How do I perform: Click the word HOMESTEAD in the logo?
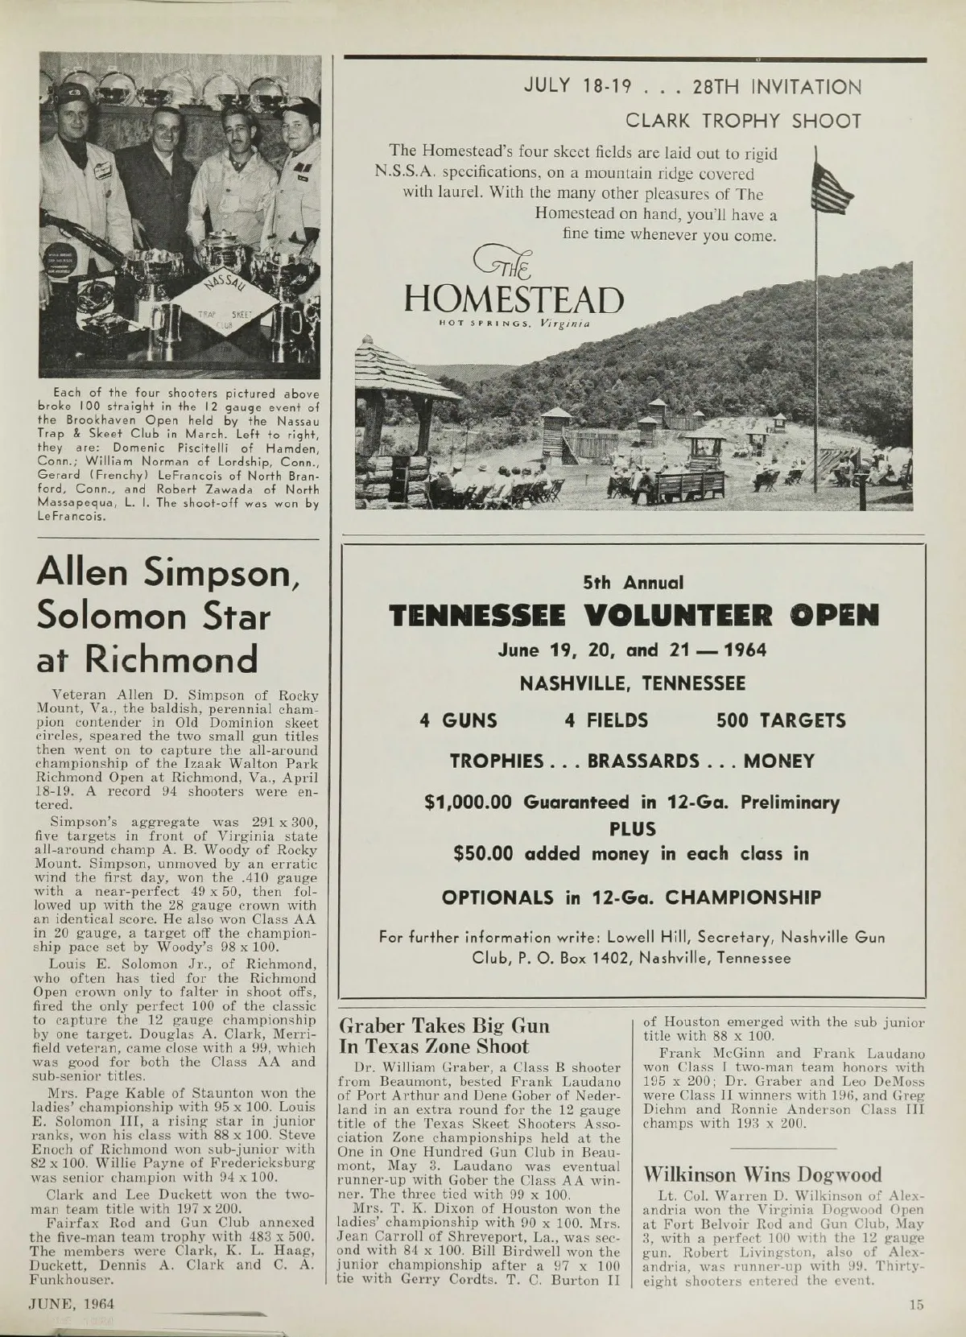515,299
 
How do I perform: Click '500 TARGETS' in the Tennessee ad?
781,720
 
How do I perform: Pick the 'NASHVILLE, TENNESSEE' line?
633,684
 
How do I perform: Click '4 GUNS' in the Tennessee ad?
459,720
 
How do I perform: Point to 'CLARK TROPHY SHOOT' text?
744,122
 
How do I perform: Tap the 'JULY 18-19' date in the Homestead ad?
570,86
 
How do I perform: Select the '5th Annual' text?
633,581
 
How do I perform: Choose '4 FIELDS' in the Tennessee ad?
606,720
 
